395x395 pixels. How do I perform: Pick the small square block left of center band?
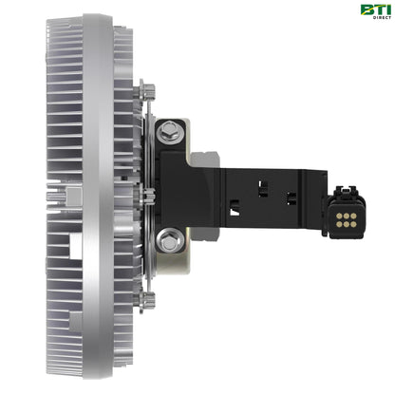pyautogui.click(x=64, y=197)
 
